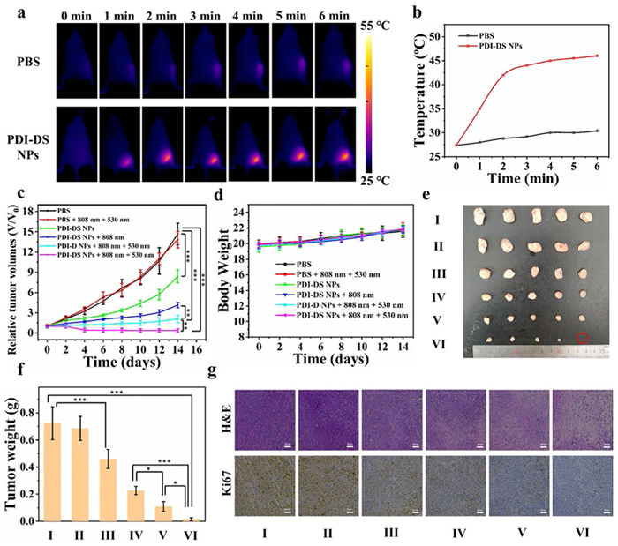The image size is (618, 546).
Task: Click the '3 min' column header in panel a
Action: tap(205, 17)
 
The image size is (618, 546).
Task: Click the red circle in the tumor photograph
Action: tap(581, 337)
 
